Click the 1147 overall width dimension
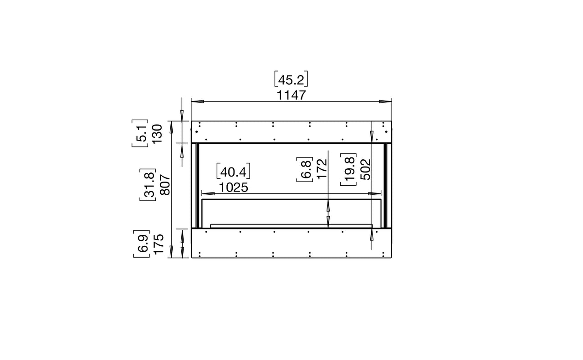[291, 95]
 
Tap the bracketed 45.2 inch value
[291, 79]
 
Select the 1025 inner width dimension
[234, 188]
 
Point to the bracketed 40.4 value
[233, 171]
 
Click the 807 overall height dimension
[165, 185]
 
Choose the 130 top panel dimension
[157, 134]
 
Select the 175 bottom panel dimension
[159, 244]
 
